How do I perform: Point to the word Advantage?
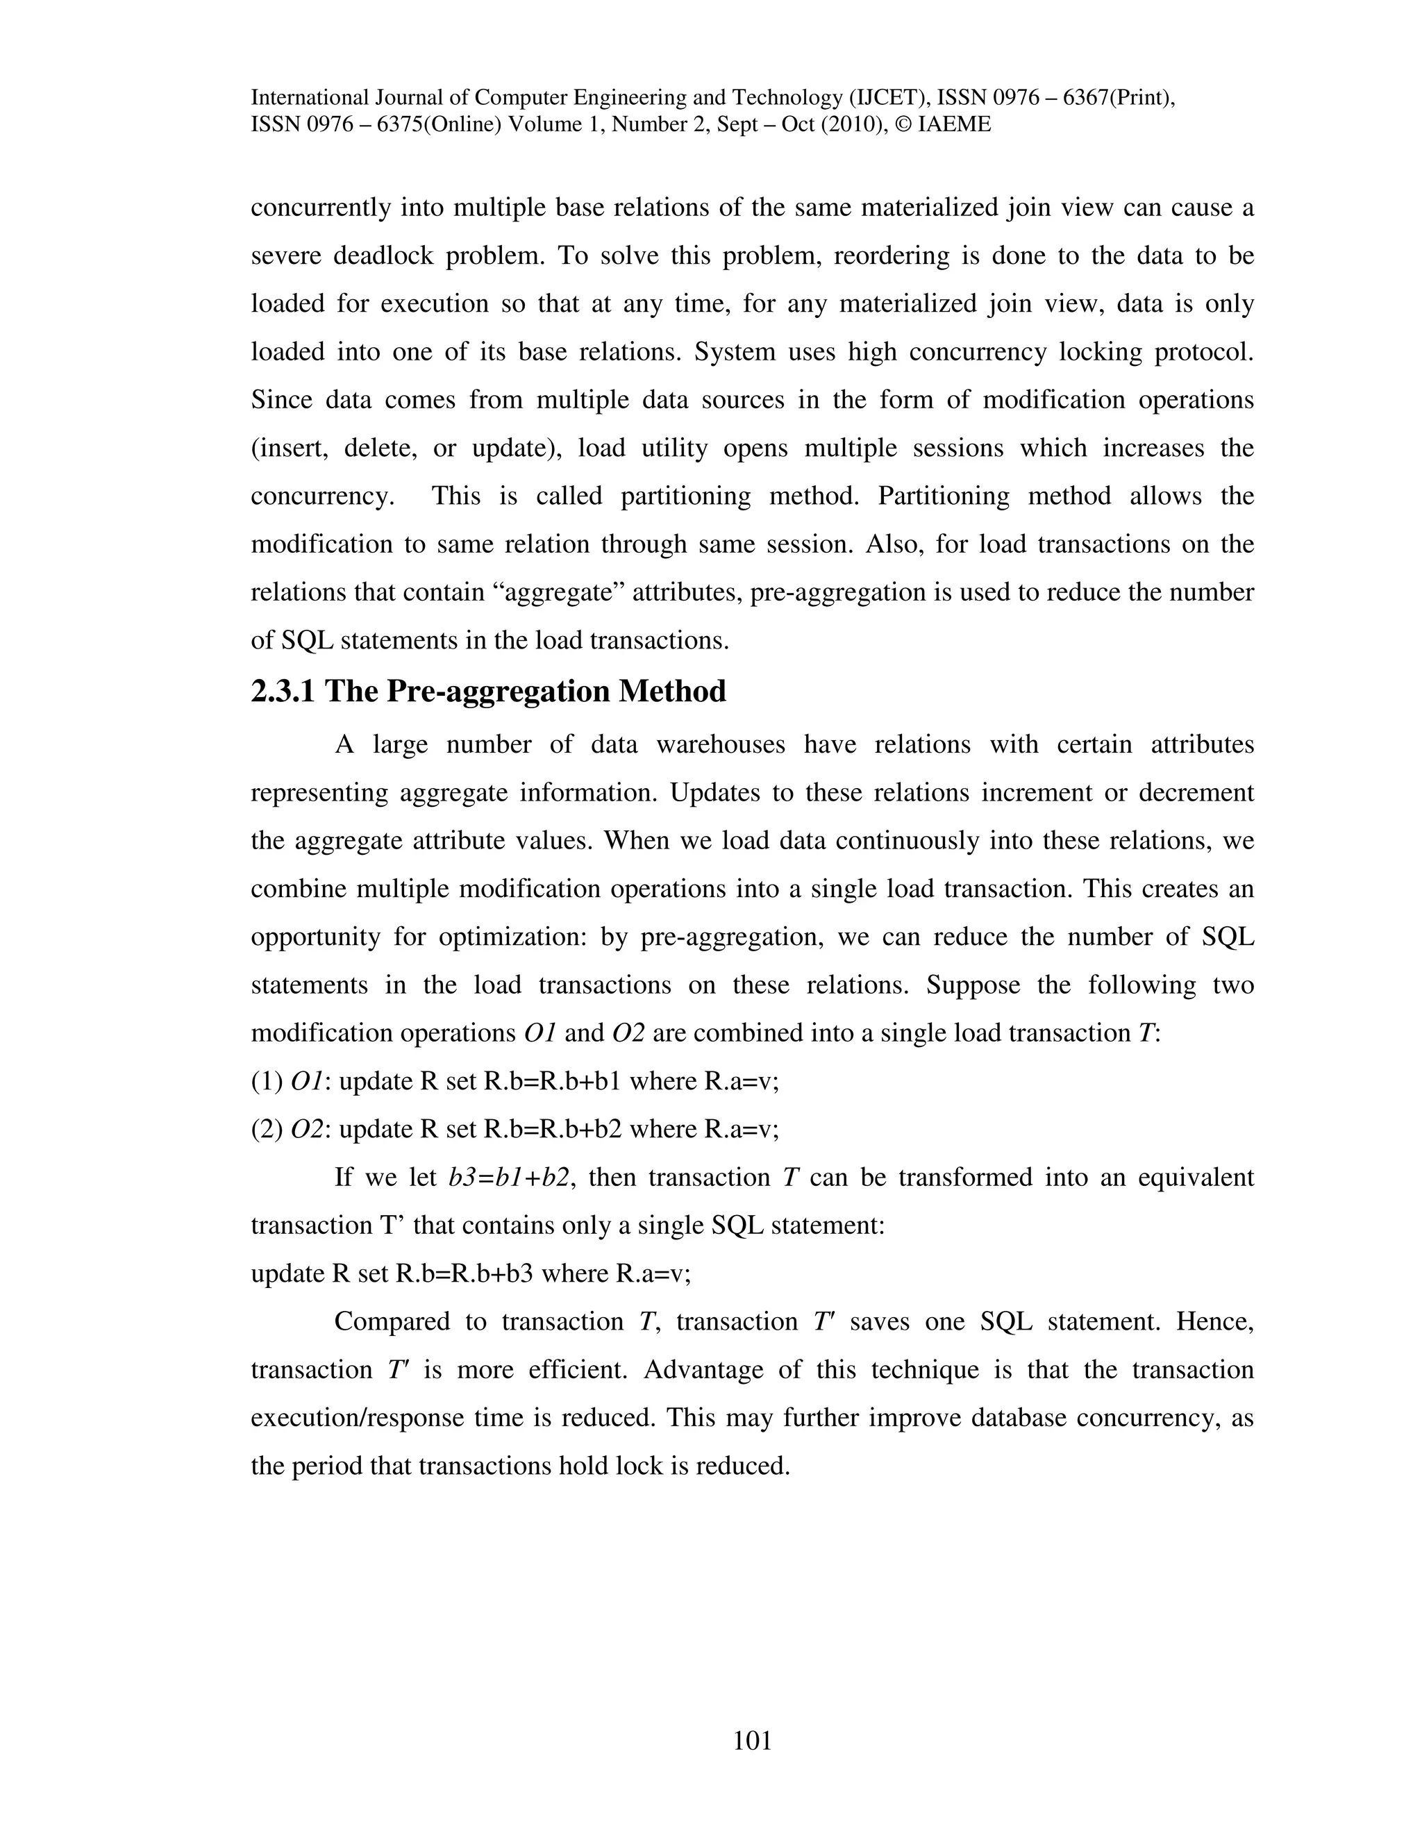point(703,1370)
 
